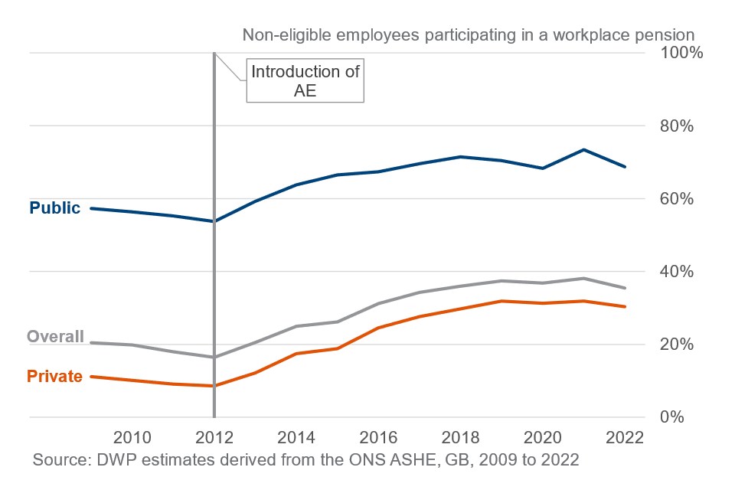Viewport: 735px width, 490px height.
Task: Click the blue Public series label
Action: (x=54, y=207)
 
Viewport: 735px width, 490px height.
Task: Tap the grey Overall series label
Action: (x=55, y=336)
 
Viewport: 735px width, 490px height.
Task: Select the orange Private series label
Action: (x=54, y=376)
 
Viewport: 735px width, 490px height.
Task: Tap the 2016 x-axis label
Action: (x=379, y=439)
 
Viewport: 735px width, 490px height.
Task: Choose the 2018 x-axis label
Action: (x=461, y=439)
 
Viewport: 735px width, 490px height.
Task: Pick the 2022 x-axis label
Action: (x=626, y=439)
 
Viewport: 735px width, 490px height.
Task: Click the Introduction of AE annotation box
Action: (x=305, y=81)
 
